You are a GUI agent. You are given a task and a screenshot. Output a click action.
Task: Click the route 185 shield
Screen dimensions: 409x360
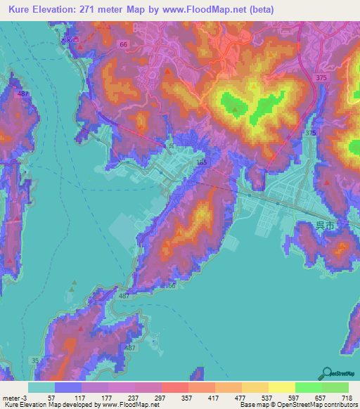point(202,162)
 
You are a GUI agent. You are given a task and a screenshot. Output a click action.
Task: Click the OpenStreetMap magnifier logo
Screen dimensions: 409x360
point(326,373)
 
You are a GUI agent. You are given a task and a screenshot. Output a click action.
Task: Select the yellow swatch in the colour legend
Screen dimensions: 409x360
point(281,387)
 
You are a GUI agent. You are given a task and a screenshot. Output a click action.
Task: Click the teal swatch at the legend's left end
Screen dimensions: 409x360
point(41,387)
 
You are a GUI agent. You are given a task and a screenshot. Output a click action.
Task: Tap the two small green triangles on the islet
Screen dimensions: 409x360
point(73,287)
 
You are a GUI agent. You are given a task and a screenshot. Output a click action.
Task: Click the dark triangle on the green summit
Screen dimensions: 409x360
point(235,109)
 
